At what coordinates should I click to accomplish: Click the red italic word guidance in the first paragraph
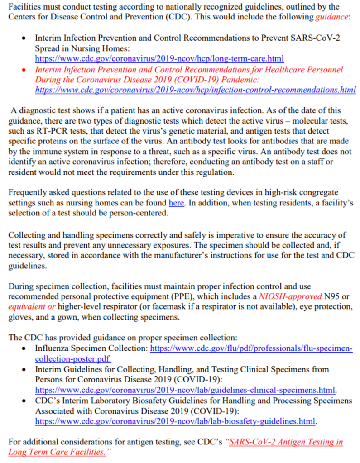[x=331, y=18]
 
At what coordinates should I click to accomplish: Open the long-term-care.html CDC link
[x=159, y=58]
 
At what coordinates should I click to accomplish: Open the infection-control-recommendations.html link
[x=195, y=90]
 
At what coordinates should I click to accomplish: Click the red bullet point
[x=24, y=70]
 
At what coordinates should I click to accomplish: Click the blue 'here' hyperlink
[x=176, y=203]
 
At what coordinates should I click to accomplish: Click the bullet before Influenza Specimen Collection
[x=24, y=349]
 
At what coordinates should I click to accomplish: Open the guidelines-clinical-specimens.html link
[x=185, y=390]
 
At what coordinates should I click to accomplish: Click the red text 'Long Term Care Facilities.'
[x=56, y=452]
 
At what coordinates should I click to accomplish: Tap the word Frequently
[x=28, y=193]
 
